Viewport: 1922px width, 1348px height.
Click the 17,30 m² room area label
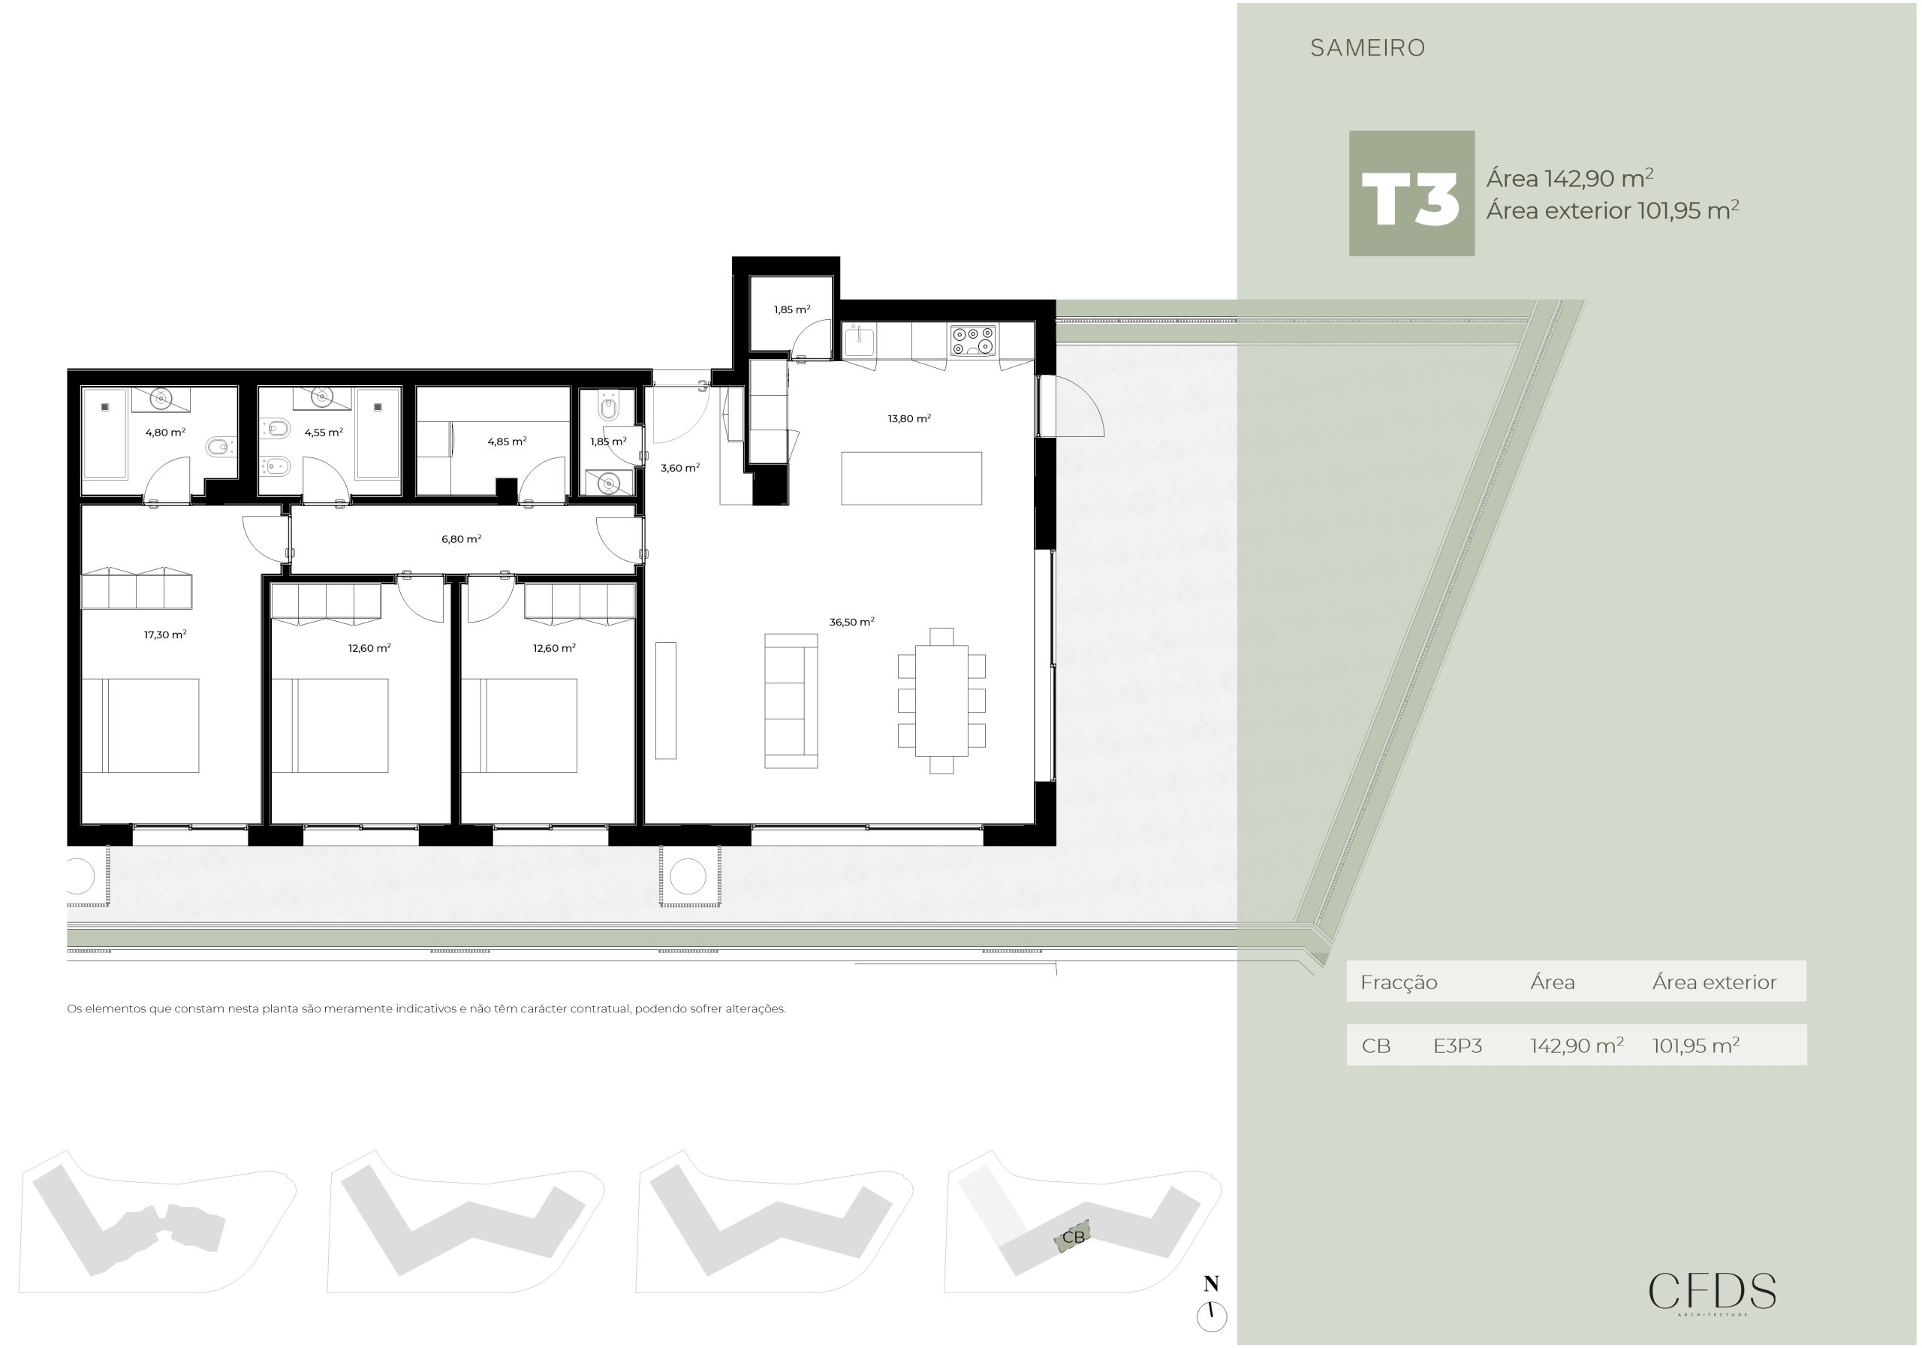point(165,635)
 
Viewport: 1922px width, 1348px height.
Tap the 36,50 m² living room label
point(851,622)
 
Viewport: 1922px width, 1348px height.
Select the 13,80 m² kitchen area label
point(909,418)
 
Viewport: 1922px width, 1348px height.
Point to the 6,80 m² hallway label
point(461,539)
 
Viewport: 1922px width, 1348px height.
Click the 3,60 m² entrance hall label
point(679,468)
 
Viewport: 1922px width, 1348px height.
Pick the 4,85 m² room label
point(507,442)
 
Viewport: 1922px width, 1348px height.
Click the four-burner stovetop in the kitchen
point(972,340)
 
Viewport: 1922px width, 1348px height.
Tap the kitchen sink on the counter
point(859,341)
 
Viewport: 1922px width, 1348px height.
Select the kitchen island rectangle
point(911,478)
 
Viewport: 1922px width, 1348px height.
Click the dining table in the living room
point(941,700)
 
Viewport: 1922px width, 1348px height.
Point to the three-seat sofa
point(791,701)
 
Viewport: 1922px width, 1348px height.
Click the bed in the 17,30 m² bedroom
point(140,725)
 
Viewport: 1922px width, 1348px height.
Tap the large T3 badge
point(1411,194)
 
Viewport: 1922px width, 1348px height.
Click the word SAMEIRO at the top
point(1368,48)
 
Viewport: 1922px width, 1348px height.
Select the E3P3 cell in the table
point(1457,1046)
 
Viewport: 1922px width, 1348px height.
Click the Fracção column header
point(1399,983)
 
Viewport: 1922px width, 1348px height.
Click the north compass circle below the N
point(1211,1316)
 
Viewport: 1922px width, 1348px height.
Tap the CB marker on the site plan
point(1073,1237)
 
